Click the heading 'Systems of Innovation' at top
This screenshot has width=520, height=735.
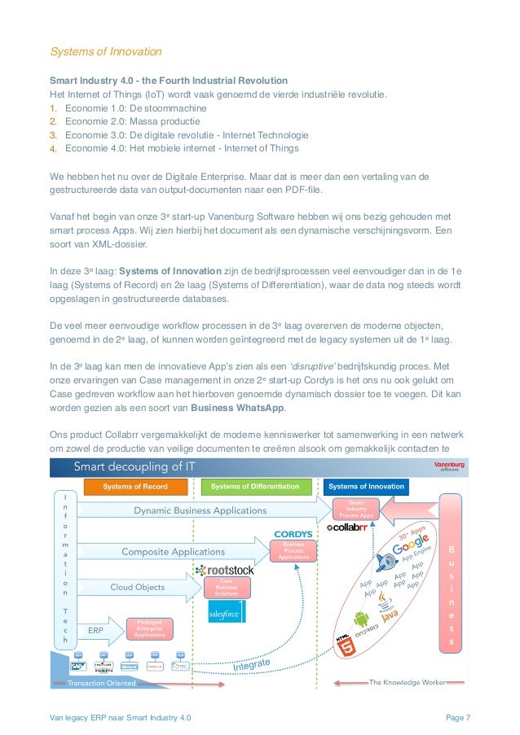click(x=106, y=52)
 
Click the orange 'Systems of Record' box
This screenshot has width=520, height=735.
click(x=134, y=487)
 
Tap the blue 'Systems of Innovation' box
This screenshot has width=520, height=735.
click(x=366, y=487)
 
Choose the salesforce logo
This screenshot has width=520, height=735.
click(x=224, y=613)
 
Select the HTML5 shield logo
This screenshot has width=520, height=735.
click(x=346, y=645)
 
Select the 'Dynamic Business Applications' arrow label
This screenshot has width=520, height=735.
click(x=200, y=510)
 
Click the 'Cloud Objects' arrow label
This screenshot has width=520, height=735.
click(x=138, y=586)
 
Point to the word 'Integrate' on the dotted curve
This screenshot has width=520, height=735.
click(x=252, y=666)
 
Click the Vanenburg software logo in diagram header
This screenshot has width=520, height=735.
click(x=449, y=466)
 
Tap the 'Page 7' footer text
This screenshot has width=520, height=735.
click(x=458, y=717)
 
